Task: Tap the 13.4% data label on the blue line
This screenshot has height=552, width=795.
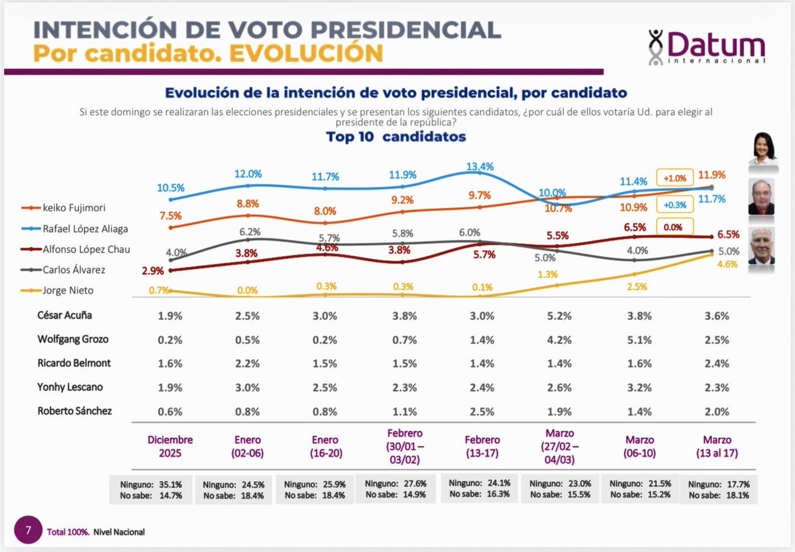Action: pos(480,166)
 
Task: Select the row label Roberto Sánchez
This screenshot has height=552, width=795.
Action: pos(74,411)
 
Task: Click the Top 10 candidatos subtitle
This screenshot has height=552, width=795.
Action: pos(396,137)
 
